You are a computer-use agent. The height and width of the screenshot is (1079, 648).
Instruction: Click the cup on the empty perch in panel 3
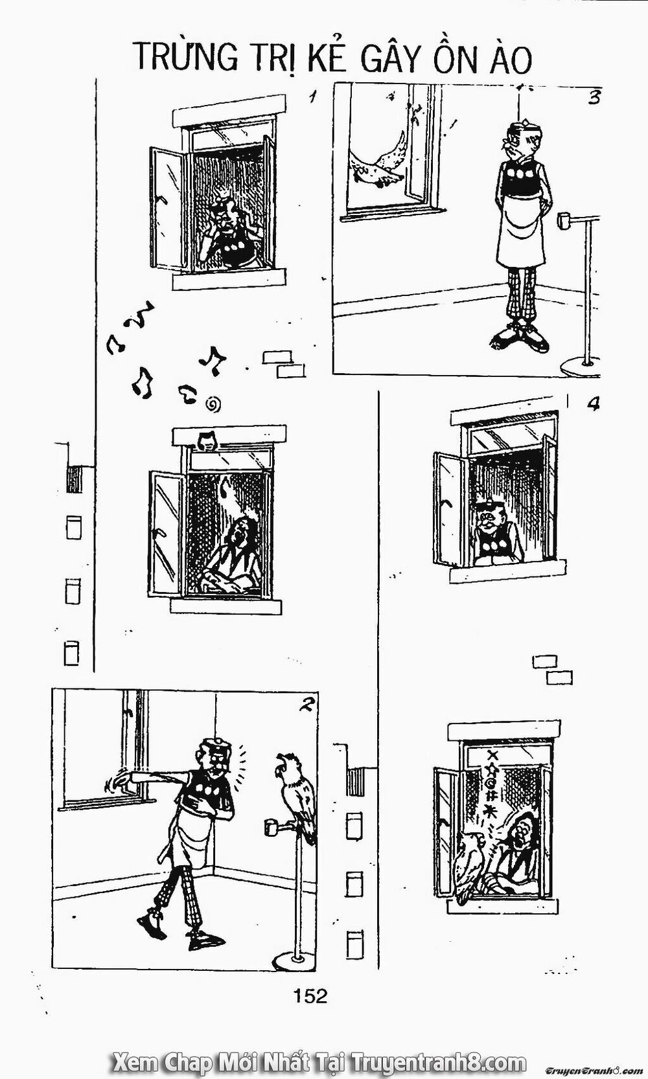(562, 220)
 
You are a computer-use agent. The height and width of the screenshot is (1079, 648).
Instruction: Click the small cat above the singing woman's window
(206, 440)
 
